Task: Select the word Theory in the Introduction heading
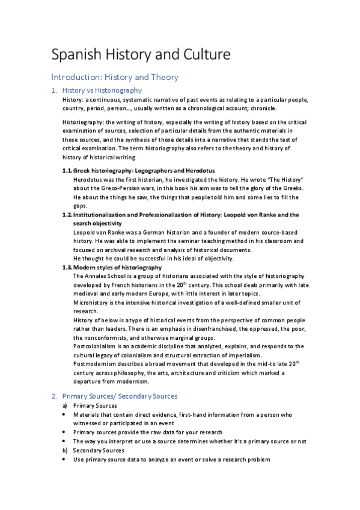161,77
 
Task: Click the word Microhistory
90,302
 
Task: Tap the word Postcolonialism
94,346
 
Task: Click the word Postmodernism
93,364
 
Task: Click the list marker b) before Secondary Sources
65,450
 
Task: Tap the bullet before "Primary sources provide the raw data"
65,432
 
